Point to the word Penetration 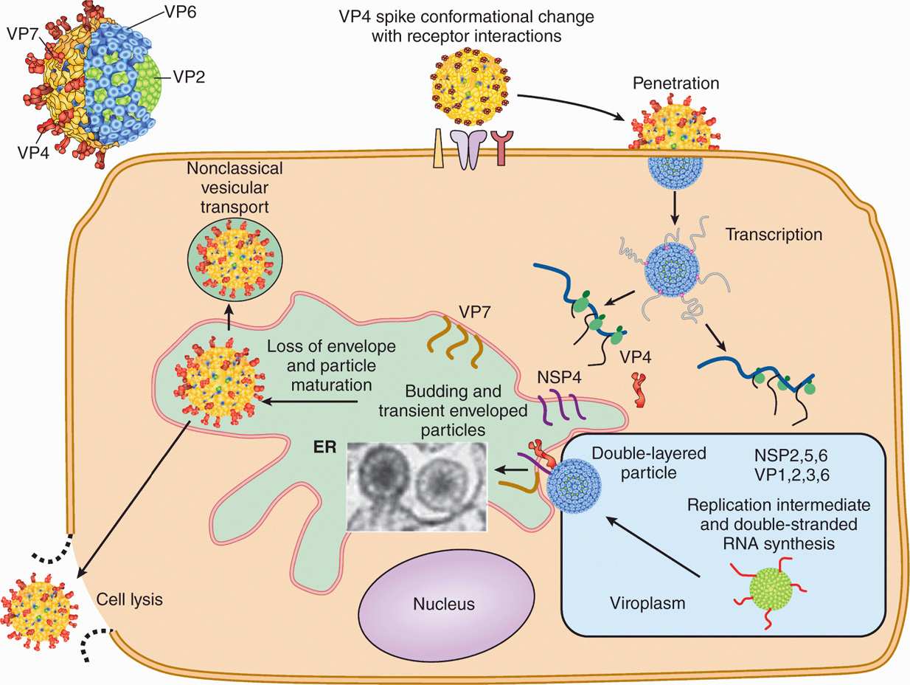(675, 83)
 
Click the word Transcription (774, 235)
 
